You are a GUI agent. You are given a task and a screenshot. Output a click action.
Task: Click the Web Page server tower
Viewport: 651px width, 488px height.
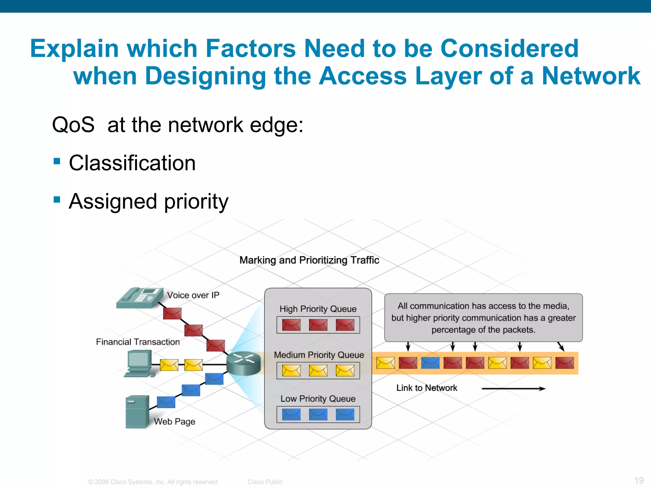(137, 412)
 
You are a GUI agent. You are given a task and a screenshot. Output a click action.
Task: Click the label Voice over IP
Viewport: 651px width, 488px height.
(193, 295)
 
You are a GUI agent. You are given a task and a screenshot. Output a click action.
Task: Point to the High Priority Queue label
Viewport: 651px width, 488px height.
(318, 309)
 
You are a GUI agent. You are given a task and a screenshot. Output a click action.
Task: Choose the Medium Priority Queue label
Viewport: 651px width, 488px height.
(319, 355)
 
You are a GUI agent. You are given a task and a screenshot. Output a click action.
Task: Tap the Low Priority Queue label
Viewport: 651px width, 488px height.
(318, 399)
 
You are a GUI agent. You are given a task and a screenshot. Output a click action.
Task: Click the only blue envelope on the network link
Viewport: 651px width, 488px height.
(430, 363)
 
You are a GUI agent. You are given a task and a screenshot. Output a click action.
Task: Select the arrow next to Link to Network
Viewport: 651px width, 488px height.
(513, 388)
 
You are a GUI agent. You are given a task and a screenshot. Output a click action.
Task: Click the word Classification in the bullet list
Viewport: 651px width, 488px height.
(132, 163)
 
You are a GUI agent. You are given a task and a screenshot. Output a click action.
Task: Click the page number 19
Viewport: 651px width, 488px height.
(639, 480)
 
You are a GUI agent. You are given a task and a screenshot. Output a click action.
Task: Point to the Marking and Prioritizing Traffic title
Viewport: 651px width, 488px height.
(309, 260)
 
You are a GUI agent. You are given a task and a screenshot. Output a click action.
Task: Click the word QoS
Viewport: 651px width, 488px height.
(73, 125)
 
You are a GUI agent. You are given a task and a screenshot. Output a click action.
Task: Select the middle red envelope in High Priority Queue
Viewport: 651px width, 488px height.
(318, 325)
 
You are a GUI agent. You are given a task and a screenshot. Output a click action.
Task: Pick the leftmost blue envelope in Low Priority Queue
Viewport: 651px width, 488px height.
(291, 415)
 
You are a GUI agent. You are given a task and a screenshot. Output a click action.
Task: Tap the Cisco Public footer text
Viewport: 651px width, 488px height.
(265, 482)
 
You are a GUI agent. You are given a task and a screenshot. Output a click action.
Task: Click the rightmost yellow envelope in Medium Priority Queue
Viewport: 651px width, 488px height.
(345, 370)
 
